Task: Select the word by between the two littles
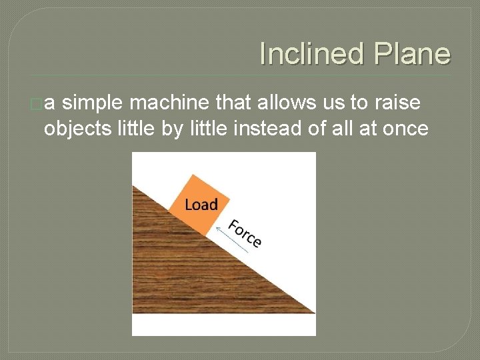(171, 128)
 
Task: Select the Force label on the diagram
(245, 233)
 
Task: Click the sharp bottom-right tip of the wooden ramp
(313, 312)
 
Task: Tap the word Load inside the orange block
(201, 204)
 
